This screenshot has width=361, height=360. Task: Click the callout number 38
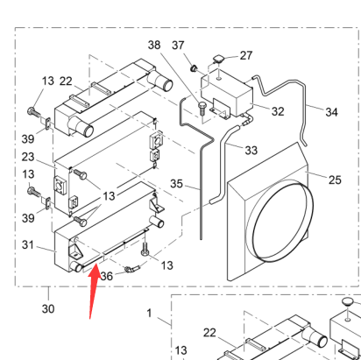[154, 45]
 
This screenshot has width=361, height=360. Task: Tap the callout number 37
[178, 46]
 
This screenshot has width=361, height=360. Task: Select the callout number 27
[246, 55]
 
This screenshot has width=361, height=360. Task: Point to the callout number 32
[278, 111]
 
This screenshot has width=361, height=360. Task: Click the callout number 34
[331, 112]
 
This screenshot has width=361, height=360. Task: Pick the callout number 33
[251, 151]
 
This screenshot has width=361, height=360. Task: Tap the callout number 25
[335, 180]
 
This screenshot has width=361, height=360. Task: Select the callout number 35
[176, 184]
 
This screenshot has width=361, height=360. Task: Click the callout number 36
[106, 276]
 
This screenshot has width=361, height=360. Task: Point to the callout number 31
[28, 244]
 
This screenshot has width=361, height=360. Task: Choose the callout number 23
[28, 157]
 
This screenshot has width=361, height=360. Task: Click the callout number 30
[48, 308]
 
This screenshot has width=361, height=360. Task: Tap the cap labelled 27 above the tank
[218, 59]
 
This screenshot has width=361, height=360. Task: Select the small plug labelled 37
[194, 68]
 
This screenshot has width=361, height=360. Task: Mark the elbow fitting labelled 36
[131, 270]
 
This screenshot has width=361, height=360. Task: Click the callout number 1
[149, 314]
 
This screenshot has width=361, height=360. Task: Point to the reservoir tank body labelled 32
[227, 93]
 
